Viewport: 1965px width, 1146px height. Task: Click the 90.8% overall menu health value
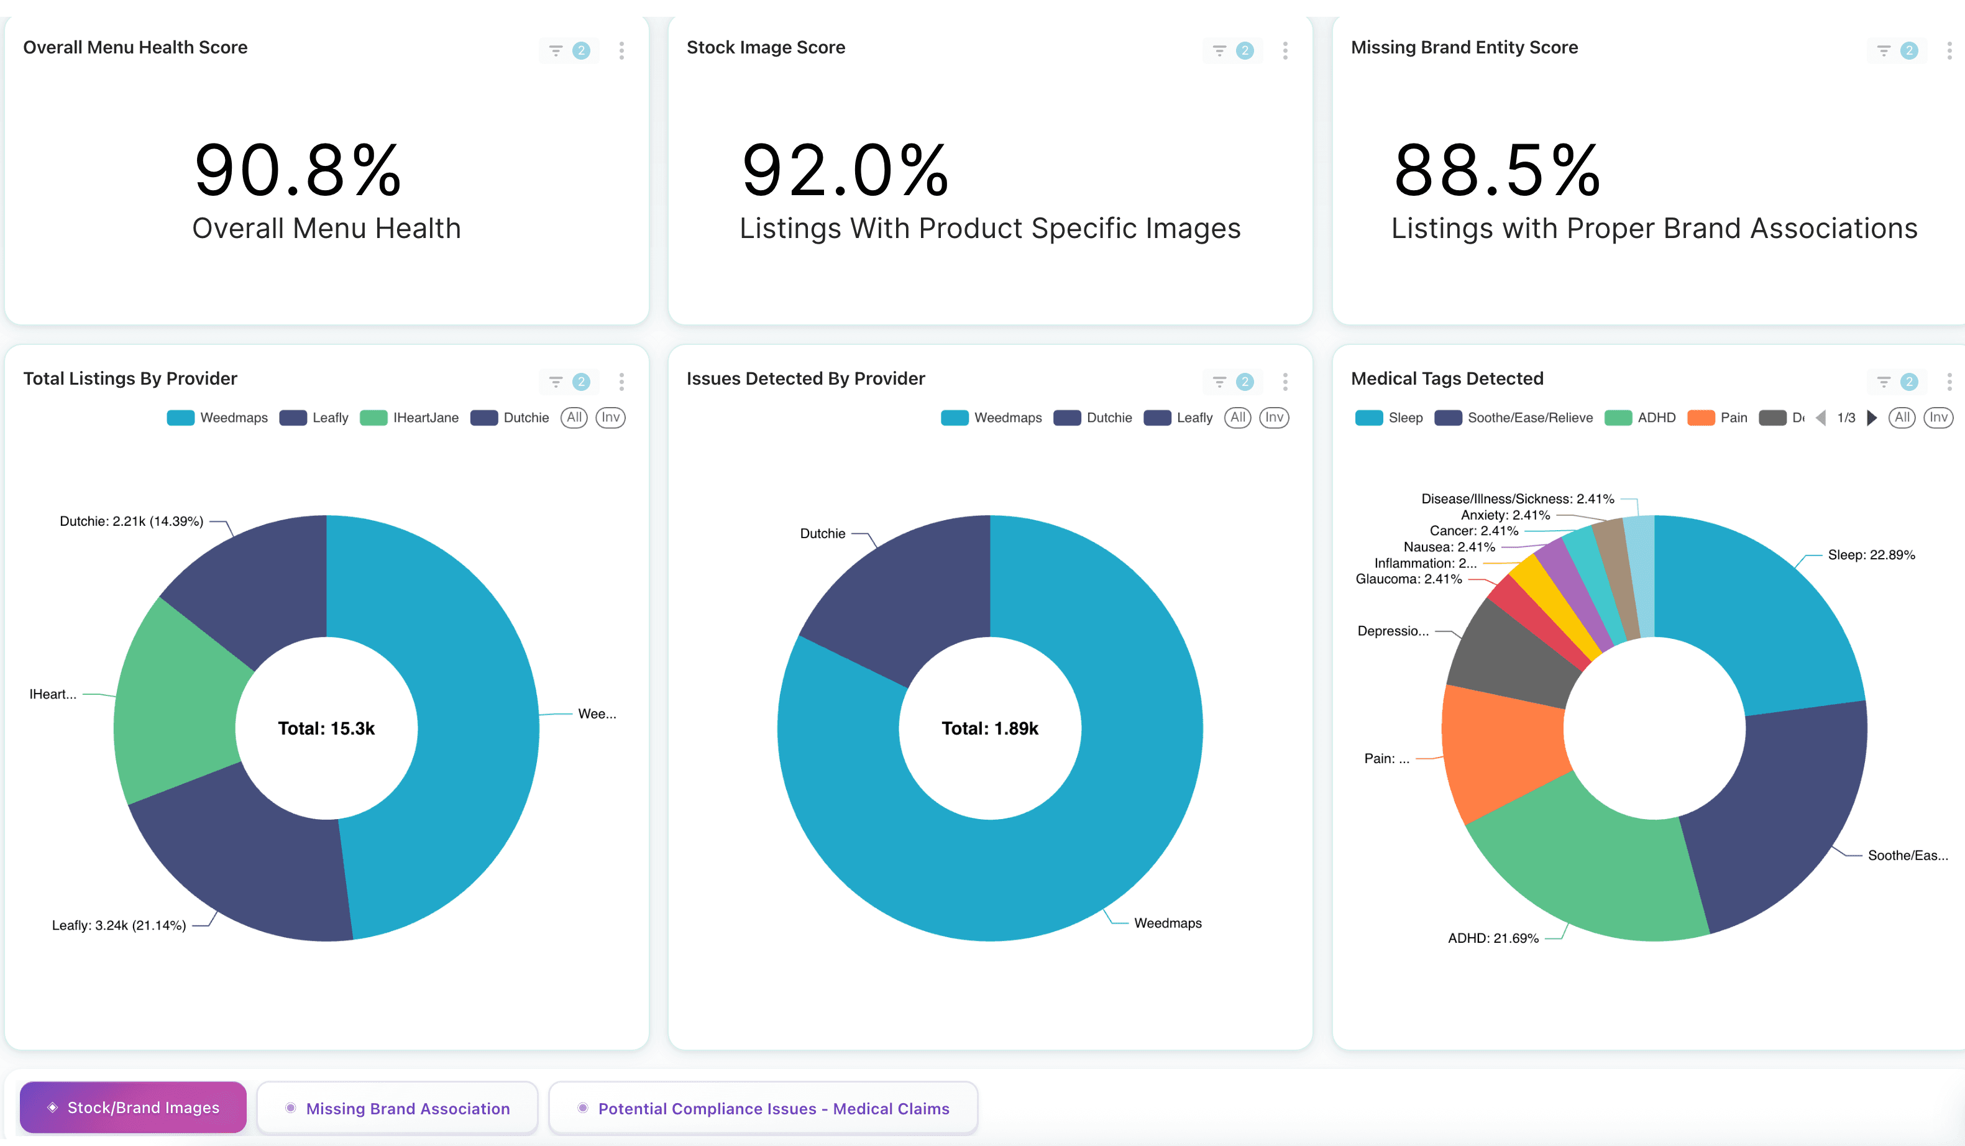pyautogui.click(x=297, y=170)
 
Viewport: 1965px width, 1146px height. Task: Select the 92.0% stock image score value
pyautogui.click(x=845, y=170)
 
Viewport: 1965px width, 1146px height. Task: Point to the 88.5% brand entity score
pyautogui.click(x=1496, y=170)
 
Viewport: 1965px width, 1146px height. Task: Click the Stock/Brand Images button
pyautogui.click(x=134, y=1107)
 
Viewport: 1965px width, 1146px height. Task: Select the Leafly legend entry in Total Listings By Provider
pyautogui.click(x=315, y=418)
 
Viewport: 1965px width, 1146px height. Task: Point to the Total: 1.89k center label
pyautogui.click(x=989, y=728)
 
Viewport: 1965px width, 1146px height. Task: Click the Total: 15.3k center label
pyautogui.click(x=326, y=728)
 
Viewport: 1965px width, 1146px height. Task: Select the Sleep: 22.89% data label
pyautogui.click(x=1871, y=555)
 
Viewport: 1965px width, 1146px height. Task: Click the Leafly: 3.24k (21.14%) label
pyautogui.click(x=119, y=925)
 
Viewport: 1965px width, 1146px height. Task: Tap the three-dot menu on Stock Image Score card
pyautogui.click(x=1285, y=51)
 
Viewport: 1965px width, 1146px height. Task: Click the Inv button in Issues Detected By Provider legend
pyautogui.click(x=1273, y=418)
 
